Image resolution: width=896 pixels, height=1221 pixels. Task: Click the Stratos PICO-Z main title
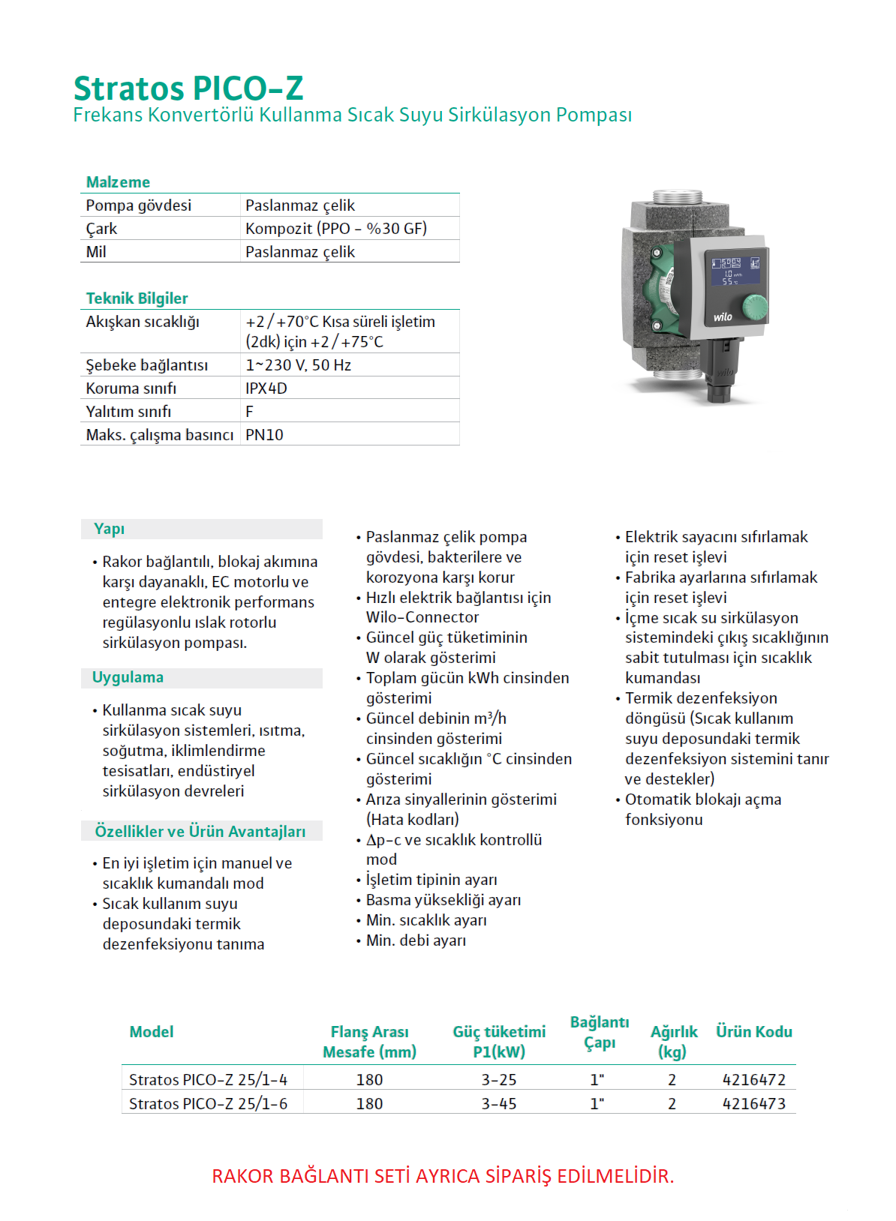(x=188, y=88)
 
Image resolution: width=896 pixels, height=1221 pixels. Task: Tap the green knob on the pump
(x=754, y=306)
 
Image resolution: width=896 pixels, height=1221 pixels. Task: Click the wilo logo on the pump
(x=723, y=317)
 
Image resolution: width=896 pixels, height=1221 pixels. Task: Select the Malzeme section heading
(x=118, y=182)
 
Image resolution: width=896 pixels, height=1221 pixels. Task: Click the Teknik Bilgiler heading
(x=137, y=298)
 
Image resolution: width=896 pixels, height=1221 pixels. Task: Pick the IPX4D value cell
(x=266, y=388)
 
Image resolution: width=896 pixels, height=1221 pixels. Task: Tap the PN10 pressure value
(x=264, y=435)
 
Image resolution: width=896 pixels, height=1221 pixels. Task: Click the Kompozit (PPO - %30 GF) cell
(x=336, y=229)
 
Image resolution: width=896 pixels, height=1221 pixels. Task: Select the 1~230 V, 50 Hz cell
(x=298, y=365)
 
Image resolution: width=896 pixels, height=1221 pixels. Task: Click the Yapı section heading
(x=110, y=529)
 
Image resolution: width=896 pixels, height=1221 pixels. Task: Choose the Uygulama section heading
(x=128, y=677)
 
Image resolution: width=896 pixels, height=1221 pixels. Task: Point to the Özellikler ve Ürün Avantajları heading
(x=200, y=831)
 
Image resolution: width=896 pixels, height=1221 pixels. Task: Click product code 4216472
(x=753, y=1080)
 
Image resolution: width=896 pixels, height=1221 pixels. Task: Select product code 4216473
(x=753, y=1104)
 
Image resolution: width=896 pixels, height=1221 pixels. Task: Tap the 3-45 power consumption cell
(x=499, y=1104)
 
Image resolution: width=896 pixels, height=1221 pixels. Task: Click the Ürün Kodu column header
(x=753, y=1032)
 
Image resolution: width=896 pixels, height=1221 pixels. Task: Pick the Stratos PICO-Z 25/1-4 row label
(x=208, y=1080)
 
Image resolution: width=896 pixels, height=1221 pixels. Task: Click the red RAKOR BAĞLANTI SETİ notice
(x=443, y=1176)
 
